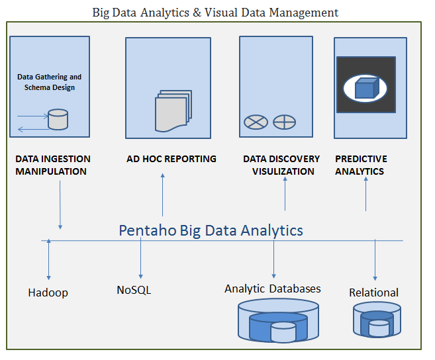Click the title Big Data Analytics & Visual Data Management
tap(215, 13)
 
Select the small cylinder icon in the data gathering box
tap(58, 120)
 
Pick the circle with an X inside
tap(255, 122)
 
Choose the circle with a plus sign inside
tap(284, 122)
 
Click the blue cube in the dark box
tap(365, 87)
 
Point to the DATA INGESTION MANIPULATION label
tap(53, 165)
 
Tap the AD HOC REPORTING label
tap(171, 159)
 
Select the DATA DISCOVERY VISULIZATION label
tap(281, 165)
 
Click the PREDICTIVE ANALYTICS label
tap(361, 165)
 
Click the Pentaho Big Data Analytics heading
tap(211, 230)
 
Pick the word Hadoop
tap(48, 292)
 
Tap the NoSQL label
tap(134, 290)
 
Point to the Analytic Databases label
tap(273, 289)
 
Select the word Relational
tap(373, 292)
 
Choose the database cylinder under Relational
tap(377, 321)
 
